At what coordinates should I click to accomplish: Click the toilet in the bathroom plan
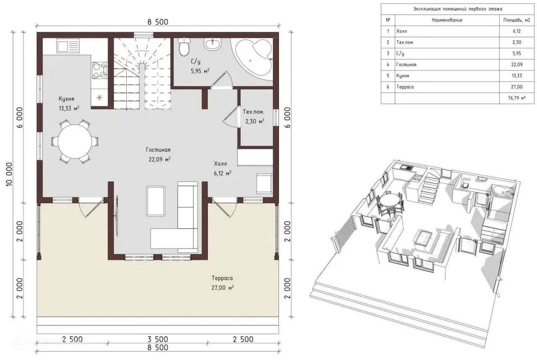pos(184,47)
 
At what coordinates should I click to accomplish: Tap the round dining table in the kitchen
pos(75,141)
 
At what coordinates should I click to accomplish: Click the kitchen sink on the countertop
pos(68,46)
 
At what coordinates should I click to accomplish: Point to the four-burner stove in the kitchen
pos(100,70)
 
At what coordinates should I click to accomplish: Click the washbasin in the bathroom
pos(212,44)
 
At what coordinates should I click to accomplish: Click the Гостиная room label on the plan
pos(158,150)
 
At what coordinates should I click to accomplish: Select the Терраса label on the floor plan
pos(222,278)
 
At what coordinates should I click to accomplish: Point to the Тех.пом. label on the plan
pos(253,112)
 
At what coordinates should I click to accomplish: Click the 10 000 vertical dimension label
pos(9,175)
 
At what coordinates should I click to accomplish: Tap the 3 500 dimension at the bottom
pos(158,339)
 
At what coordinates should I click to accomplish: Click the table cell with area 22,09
pos(516,65)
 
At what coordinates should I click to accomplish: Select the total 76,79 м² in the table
pos(516,98)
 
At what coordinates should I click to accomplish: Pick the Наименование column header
pos(447,20)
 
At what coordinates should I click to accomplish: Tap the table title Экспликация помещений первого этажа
pos(458,9)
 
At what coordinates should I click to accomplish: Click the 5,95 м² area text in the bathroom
pos(200,71)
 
